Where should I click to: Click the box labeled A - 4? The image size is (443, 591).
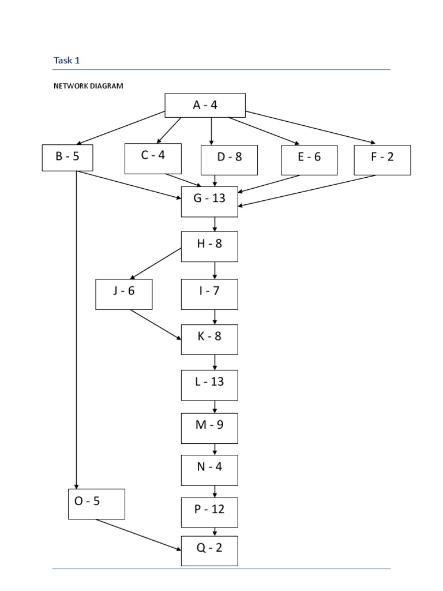coord(205,105)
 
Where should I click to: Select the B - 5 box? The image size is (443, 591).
coord(67,157)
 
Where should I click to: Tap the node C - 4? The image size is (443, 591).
coord(153,158)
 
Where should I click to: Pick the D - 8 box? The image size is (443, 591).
coord(229,159)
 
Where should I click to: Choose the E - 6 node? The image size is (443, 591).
coord(309,159)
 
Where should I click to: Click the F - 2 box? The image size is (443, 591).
coord(382,159)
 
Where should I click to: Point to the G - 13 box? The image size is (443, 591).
coord(209,201)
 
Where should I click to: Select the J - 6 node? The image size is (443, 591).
coord(124,294)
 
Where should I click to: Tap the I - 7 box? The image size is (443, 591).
coord(209,294)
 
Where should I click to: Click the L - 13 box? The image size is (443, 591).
coord(209,385)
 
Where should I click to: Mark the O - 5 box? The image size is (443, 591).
coord(96,504)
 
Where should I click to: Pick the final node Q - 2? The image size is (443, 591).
coord(209,551)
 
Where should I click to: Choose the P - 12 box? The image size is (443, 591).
coord(209,512)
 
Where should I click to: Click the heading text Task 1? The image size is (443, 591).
coord(66,60)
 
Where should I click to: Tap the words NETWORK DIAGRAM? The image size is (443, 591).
coord(88,86)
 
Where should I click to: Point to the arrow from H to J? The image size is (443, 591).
coord(157,264)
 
